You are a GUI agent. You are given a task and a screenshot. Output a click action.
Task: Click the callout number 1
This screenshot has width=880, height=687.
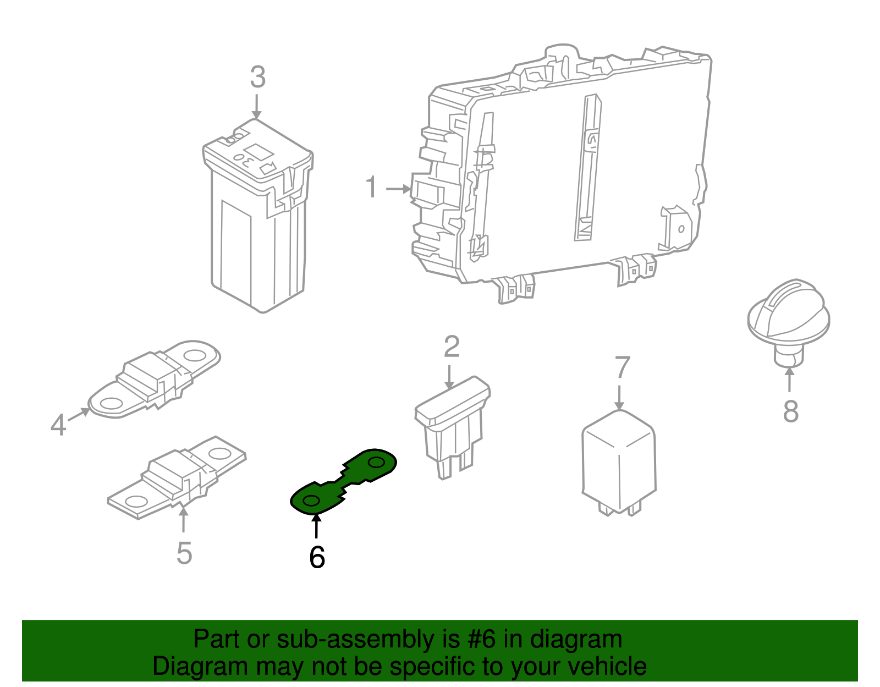pos(371,187)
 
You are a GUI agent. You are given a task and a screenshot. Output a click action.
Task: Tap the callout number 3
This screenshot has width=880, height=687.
pos(258,77)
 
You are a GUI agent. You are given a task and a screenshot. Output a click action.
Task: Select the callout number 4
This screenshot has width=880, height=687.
pos(58,425)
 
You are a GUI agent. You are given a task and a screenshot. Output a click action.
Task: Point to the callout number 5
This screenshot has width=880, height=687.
pos(184,553)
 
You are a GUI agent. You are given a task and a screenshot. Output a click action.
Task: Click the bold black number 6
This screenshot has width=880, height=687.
pos(317,557)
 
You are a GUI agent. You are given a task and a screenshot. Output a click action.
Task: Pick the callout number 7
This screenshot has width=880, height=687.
pos(623,367)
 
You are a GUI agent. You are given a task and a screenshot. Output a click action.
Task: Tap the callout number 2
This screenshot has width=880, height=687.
pos(452,347)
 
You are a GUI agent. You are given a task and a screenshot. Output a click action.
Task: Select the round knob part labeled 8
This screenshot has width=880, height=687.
pos(789,321)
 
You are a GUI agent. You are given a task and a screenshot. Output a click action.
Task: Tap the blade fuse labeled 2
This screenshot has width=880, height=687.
pos(452,427)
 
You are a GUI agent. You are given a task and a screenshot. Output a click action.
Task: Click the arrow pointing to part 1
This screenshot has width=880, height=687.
pos(399,189)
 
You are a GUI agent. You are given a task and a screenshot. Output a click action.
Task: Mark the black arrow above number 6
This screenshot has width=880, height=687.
pos(316,525)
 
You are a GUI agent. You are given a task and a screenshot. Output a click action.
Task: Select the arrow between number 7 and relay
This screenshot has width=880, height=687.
pos(619,398)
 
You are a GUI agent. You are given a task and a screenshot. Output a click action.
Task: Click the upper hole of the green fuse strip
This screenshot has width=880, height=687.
pos(376,462)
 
